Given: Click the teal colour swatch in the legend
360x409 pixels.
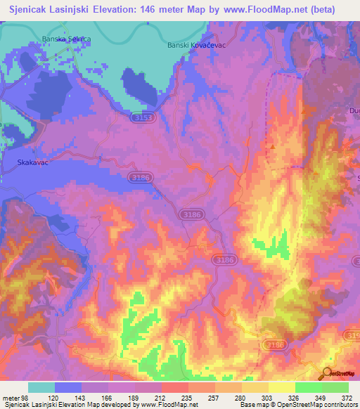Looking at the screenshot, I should click(41, 388).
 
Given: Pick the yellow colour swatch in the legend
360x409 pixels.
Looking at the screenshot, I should click(282, 388).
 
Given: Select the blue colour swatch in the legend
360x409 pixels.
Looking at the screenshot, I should click(68, 388).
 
